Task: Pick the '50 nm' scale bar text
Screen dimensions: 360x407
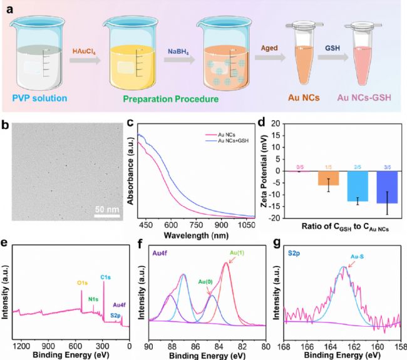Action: click(107, 207)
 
